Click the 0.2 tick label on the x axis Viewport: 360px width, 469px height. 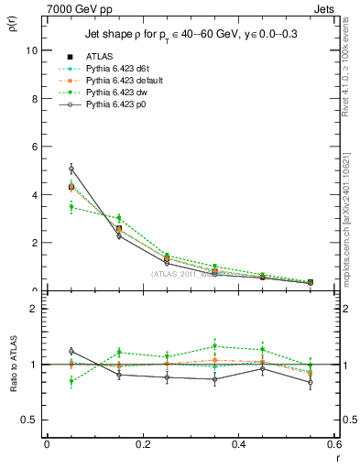click(142, 444)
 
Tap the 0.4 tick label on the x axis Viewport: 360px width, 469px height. click(238, 444)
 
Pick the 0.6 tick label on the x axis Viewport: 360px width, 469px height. click(333, 444)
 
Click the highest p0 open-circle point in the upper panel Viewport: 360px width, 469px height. click(71, 169)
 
